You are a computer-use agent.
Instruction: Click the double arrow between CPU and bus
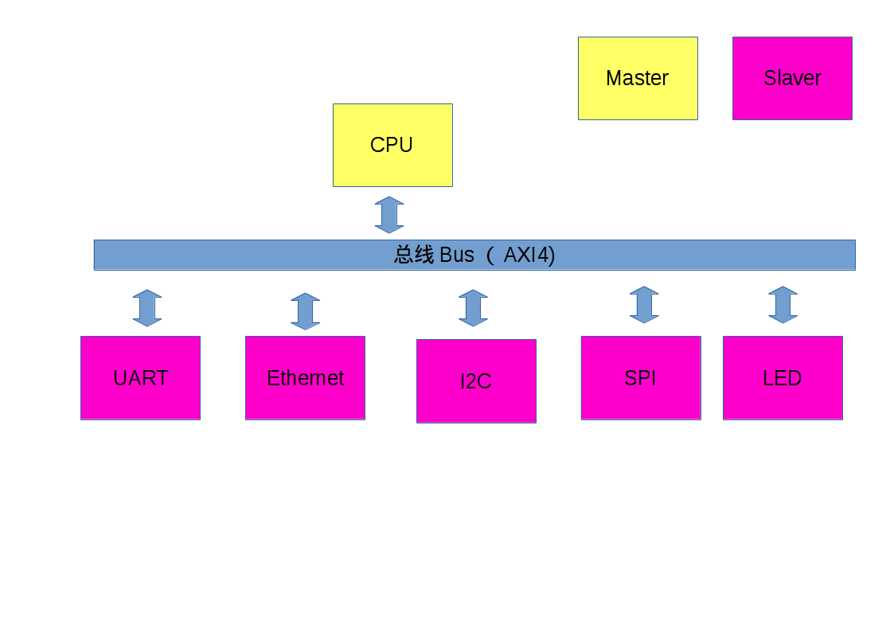[x=389, y=215]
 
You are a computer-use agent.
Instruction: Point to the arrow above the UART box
[x=147, y=308]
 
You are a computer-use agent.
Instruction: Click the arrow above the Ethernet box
[x=306, y=311]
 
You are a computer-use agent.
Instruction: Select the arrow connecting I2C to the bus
[x=473, y=308]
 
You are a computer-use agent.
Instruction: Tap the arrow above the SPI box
[x=644, y=305]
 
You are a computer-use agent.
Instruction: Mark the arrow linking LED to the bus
[x=783, y=305]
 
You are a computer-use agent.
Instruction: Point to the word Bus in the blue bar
[x=456, y=255]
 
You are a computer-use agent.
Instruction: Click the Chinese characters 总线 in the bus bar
[x=414, y=255]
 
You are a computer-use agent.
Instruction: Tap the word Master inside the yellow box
[x=637, y=78]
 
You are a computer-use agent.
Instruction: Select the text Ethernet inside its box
[x=305, y=378]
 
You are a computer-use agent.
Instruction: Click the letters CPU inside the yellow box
[x=392, y=145]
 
